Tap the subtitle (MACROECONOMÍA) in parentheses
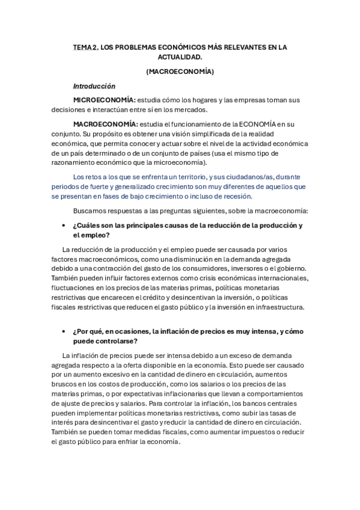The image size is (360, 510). [x=180, y=72]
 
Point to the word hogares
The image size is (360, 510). [x=203, y=99]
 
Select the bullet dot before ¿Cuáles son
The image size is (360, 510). [x=64, y=226]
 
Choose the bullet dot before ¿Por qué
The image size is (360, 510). [x=64, y=331]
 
